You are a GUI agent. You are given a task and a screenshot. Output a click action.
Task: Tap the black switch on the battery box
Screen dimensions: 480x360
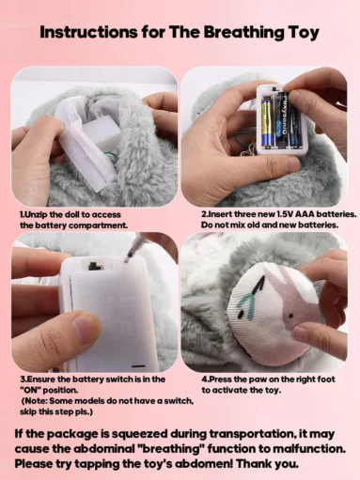click(x=94, y=266)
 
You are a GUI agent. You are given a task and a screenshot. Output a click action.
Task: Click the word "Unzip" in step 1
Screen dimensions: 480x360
click(x=42, y=214)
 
